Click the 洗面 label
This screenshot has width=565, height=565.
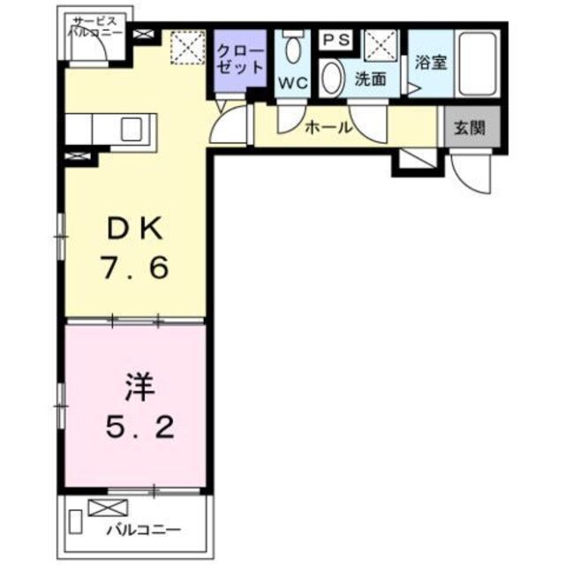click(x=370, y=79)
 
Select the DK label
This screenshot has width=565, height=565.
click(x=133, y=230)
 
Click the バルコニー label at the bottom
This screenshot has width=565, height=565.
click(x=146, y=531)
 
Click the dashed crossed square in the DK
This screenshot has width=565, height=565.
click(x=187, y=47)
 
